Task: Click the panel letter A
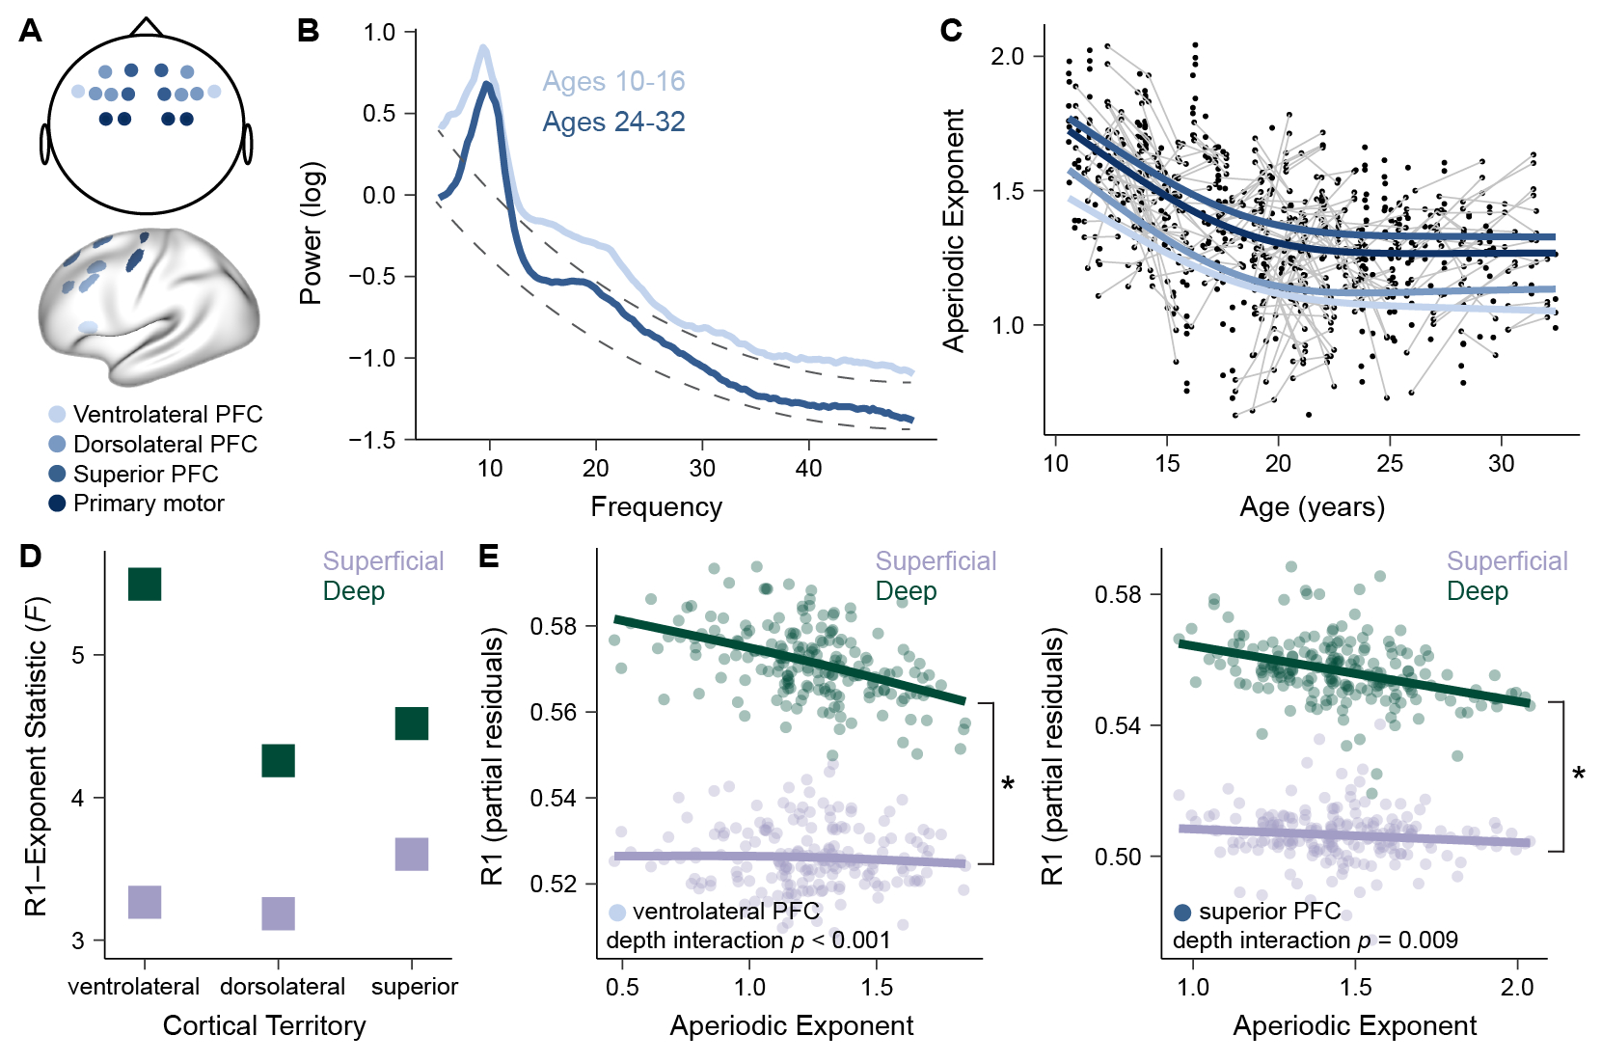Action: click(x=31, y=31)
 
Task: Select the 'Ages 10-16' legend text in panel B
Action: click(x=613, y=81)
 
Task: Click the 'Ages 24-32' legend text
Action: click(x=613, y=122)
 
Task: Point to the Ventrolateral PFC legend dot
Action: click(x=58, y=415)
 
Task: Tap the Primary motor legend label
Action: click(x=149, y=504)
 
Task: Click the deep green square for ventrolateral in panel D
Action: click(x=145, y=584)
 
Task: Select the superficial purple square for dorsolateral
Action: click(x=279, y=913)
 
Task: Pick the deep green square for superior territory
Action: click(x=412, y=723)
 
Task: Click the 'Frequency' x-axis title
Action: click(x=656, y=506)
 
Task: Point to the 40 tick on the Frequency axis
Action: click(x=808, y=468)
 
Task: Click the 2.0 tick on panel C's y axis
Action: click(x=1007, y=56)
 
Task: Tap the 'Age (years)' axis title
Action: click(x=1312, y=506)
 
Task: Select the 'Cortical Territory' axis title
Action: click(x=264, y=1025)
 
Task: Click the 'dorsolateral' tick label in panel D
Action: click(x=283, y=987)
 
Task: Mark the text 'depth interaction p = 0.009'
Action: click(x=1315, y=940)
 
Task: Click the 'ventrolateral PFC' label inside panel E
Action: click(x=725, y=912)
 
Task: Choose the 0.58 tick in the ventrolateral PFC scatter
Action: click(x=553, y=626)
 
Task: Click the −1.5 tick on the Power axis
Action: click(x=372, y=440)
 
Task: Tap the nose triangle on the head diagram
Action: click(x=146, y=27)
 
